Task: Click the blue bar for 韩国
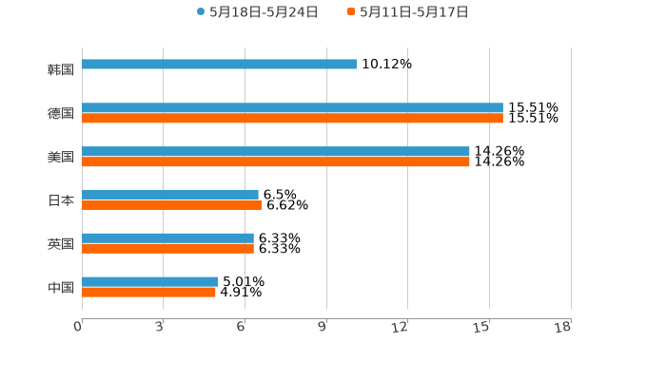point(219,65)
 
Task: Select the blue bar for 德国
point(292,108)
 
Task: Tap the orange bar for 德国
point(292,119)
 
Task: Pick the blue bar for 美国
point(276,152)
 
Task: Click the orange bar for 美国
point(276,162)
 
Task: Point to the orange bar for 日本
point(172,205)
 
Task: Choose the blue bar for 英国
point(167,238)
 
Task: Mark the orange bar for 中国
point(148,293)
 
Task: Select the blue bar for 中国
point(150,281)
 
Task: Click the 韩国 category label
point(61,69)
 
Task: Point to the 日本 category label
point(61,200)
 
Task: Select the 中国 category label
point(61,287)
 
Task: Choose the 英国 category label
point(61,243)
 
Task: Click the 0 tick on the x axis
point(78,327)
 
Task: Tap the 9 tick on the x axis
point(323,327)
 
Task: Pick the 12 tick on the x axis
point(401,327)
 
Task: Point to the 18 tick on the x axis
point(563,327)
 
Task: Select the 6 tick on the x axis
point(242,327)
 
